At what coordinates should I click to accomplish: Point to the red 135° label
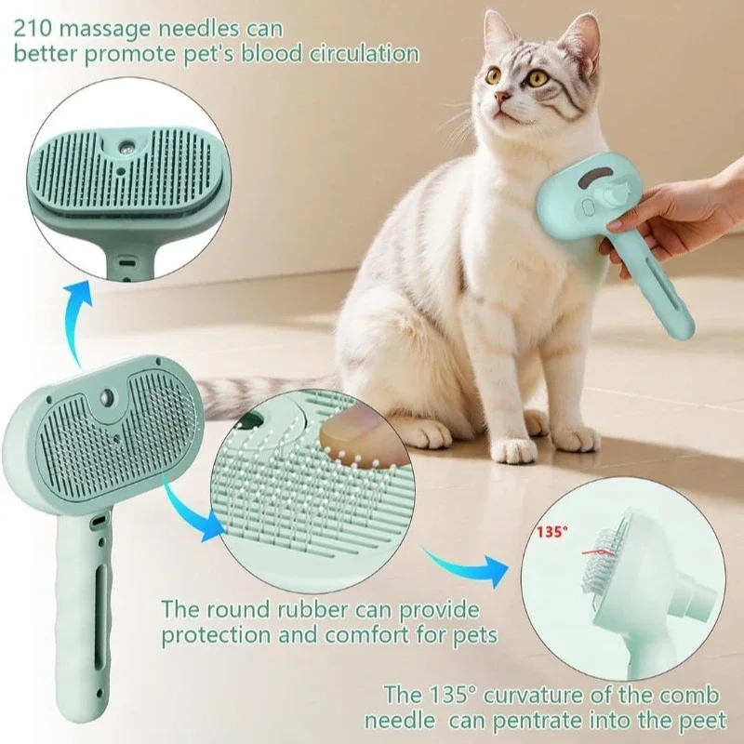[x=551, y=534]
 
